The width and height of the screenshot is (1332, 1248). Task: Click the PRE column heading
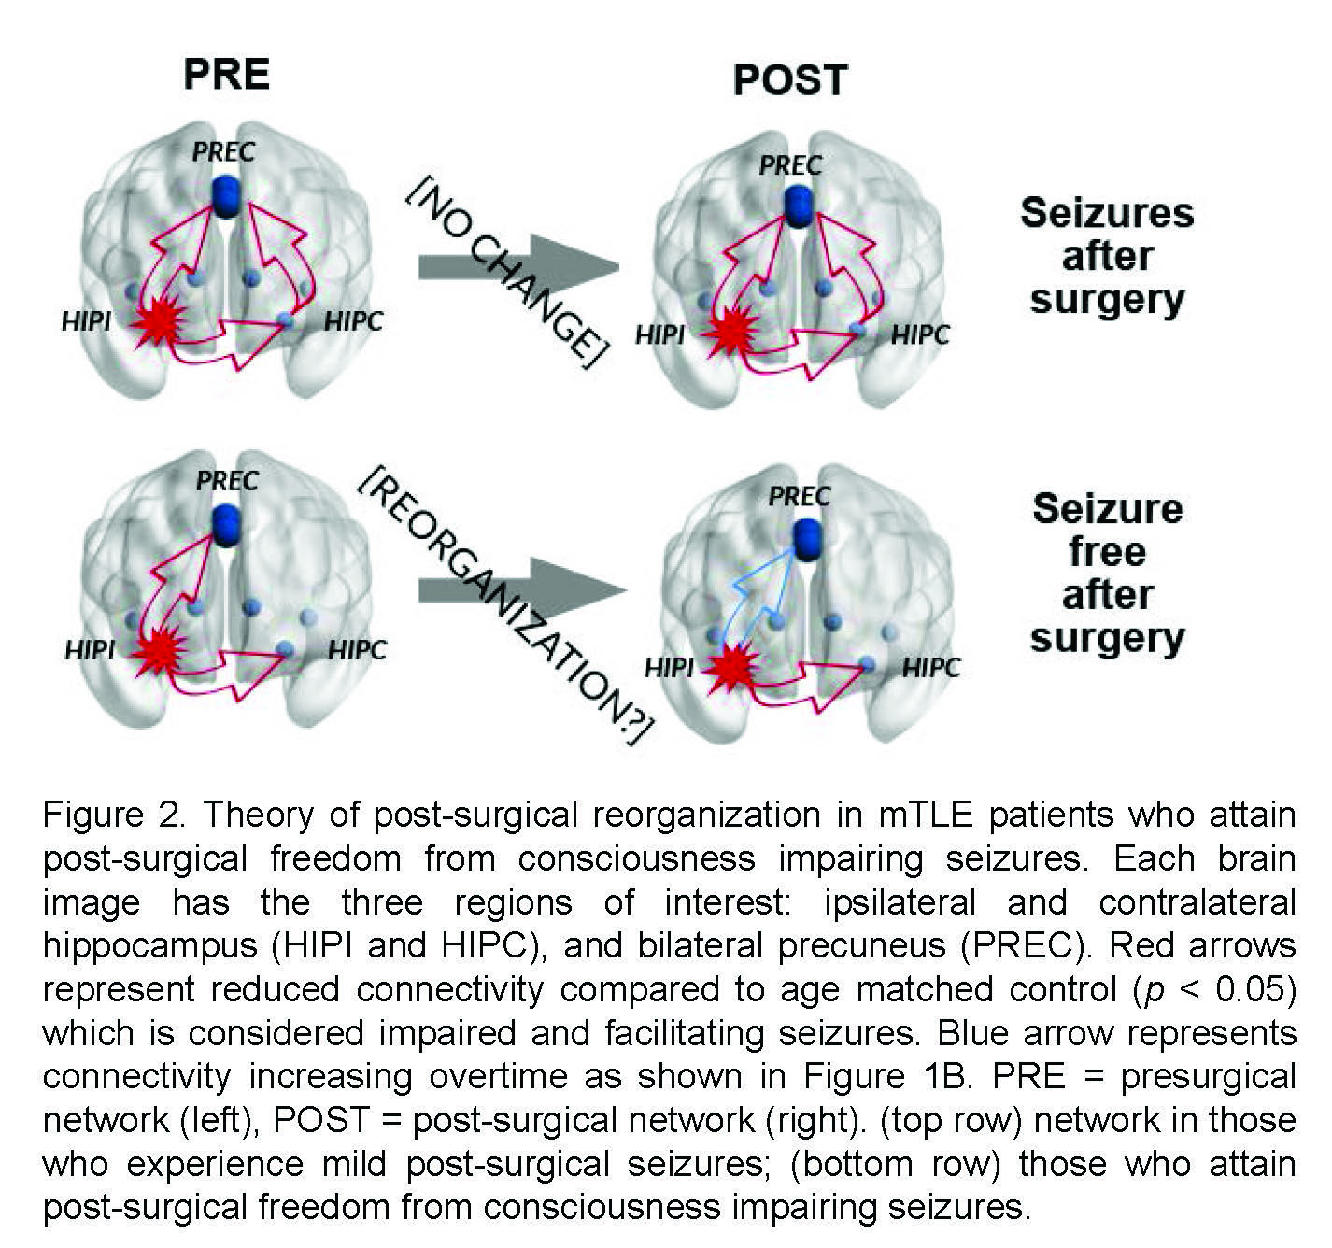tap(227, 75)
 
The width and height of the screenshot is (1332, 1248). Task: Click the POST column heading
tap(790, 80)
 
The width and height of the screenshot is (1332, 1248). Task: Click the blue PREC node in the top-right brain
tap(797, 206)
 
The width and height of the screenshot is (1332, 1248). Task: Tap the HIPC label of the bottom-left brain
tap(357, 650)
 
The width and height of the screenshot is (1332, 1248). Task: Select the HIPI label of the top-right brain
tap(659, 334)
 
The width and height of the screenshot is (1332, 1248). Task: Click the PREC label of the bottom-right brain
tap(799, 496)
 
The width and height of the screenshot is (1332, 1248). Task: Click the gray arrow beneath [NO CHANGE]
tap(518, 267)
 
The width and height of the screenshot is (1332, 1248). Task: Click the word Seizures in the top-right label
tap(1107, 213)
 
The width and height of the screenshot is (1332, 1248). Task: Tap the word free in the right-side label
tap(1107, 551)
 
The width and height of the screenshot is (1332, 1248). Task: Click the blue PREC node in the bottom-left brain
tap(226, 523)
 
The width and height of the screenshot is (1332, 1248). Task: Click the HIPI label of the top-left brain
tap(86, 322)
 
